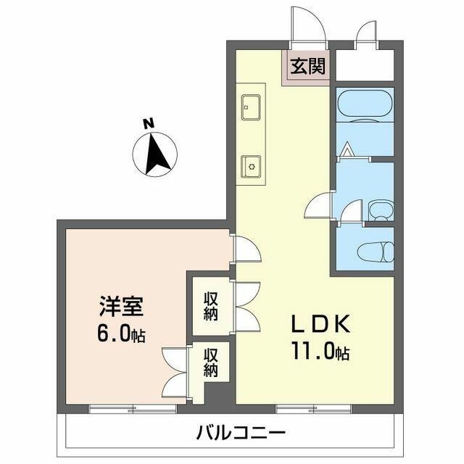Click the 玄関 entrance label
click(x=308, y=70)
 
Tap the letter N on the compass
click(x=149, y=125)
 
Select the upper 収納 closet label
click(x=211, y=304)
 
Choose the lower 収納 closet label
click(x=211, y=362)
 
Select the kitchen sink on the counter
click(x=250, y=107)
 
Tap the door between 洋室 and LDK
click(x=246, y=249)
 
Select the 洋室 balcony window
click(x=123, y=410)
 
